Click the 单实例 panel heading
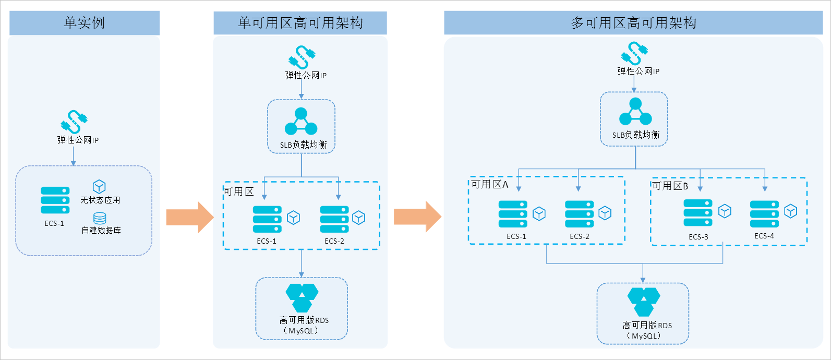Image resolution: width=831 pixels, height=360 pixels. (x=84, y=23)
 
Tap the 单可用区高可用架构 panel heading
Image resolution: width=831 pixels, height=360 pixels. (x=300, y=23)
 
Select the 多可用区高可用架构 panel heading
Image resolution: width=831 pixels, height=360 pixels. (x=633, y=23)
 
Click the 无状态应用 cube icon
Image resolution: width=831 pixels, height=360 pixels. (x=99, y=187)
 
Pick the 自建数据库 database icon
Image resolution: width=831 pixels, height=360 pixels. (x=100, y=218)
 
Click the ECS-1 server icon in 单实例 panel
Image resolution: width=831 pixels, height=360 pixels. (x=55, y=200)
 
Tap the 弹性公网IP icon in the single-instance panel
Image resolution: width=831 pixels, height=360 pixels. (x=74, y=122)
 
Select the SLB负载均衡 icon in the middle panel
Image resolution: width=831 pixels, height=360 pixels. (x=301, y=122)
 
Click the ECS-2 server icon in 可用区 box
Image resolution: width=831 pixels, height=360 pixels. (x=334, y=220)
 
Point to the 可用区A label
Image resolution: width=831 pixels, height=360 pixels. (x=489, y=184)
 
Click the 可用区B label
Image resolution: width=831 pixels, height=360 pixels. (x=670, y=186)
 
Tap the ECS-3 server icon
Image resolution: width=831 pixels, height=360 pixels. (x=698, y=213)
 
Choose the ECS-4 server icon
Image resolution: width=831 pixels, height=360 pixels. (x=764, y=214)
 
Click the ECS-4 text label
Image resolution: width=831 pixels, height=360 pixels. (x=764, y=236)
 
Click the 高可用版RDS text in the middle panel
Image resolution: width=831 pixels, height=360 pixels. (x=304, y=320)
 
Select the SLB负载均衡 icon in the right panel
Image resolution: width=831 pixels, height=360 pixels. (x=635, y=112)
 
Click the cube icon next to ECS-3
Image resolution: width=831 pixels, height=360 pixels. (x=725, y=211)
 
